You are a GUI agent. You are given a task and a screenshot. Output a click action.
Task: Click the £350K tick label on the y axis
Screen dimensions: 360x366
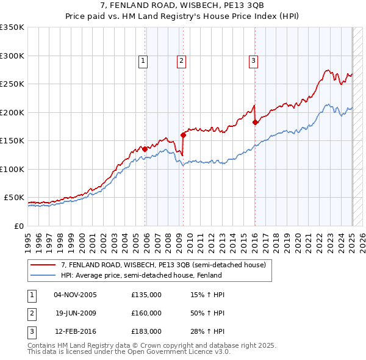(12, 27)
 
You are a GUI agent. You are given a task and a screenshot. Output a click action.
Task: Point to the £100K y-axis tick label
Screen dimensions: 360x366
(12, 169)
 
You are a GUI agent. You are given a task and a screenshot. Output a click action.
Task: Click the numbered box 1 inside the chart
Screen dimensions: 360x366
(143, 60)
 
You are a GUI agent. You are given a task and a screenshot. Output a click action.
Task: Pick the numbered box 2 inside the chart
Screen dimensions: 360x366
(182, 60)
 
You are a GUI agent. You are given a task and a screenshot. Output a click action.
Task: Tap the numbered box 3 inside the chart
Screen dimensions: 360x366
(253, 60)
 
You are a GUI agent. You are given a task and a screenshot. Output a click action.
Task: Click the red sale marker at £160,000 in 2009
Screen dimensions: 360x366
(183, 135)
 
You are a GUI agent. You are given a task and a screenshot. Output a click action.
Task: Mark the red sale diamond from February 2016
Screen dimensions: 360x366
(255, 122)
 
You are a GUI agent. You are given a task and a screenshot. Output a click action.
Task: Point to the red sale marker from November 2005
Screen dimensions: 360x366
(145, 149)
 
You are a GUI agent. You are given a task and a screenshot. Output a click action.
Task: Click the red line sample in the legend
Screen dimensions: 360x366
(44, 265)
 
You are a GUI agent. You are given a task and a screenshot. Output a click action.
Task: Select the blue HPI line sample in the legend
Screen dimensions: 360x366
(44, 275)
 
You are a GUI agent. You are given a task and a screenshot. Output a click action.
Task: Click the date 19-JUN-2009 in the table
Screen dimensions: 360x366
(76, 313)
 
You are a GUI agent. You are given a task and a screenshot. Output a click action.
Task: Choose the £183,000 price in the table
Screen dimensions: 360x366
(146, 331)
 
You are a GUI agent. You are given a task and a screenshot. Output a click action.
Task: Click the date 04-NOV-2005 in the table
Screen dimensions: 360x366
(76, 295)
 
